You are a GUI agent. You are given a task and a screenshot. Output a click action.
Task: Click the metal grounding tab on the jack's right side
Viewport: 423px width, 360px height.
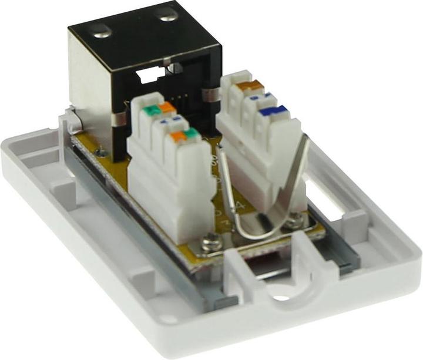pos(209,95)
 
